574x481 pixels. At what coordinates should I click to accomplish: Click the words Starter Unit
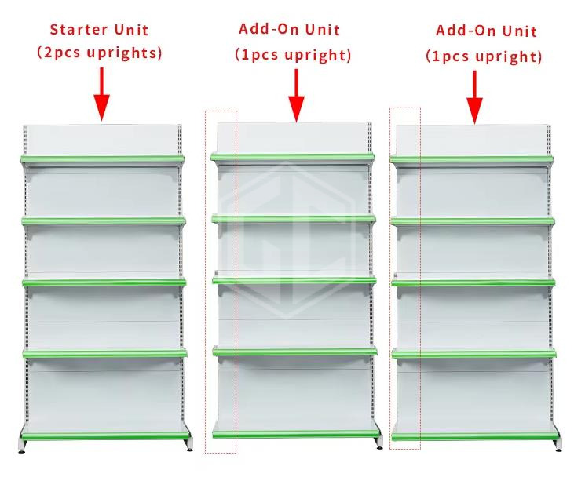tap(99, 30)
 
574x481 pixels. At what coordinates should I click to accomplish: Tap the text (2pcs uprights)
tap(99, 53)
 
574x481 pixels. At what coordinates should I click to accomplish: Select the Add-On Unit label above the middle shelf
tap(289, 30)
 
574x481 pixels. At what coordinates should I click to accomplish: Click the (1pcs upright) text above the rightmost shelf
tap(484, 56)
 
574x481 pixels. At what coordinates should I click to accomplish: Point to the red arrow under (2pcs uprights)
tap(101, 94)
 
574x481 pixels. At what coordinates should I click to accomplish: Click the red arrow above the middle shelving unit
tap(296, 96)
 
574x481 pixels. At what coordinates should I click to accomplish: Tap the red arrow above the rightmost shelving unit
tap(475, 98)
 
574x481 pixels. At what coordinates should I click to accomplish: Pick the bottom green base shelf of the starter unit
tap(105, 434)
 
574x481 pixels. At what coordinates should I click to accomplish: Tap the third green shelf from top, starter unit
tap(104, 282)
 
